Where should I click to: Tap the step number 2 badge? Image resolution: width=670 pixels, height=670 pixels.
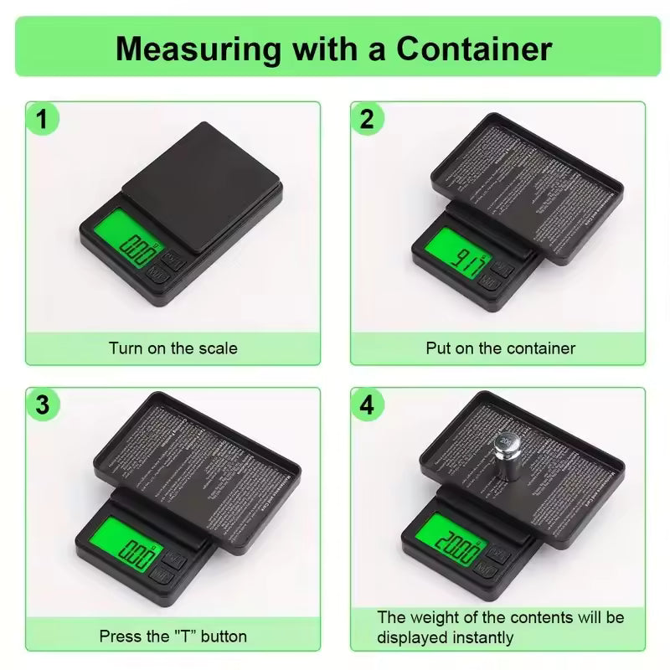(x=366, y=120)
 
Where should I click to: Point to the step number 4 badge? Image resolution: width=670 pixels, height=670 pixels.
(x=366, y=405)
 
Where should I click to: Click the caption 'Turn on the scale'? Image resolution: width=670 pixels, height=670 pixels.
(x=173, y=348)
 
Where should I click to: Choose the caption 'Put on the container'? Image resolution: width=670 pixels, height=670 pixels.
(x=500, y=348)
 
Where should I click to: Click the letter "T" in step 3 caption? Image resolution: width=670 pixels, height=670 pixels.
(x=181, y=636)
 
